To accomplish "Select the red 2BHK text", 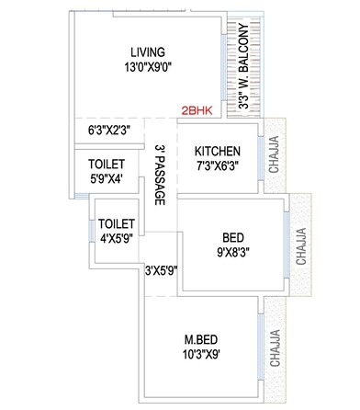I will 197,108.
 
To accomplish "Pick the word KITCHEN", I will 218,152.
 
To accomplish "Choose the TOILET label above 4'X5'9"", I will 117,223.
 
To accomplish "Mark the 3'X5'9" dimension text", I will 161,270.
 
